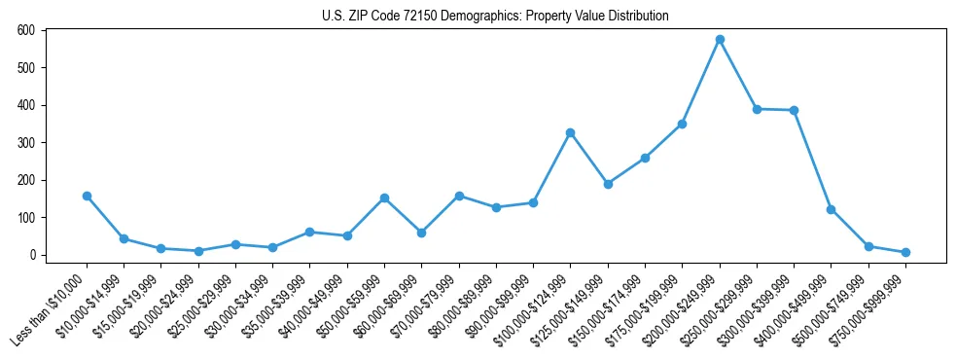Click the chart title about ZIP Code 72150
tap(495, 17)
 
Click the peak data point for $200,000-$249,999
tap(720, 40)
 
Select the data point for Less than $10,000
tap(87, 196)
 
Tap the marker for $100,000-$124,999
tap(571, 132)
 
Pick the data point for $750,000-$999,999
tap(905, 252)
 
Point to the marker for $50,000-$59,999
tap(384, 198)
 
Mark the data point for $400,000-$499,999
tap(831, 209)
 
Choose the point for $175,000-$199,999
tap(683, 124)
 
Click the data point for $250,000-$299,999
tap(757, 109)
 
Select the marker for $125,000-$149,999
tap(608, 184)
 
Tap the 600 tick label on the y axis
tap(26, 30)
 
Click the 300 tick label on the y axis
tap(26, 143)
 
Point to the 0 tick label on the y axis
tap(31, 255)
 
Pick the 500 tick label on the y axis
tap(26, 68)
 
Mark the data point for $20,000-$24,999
tap(198, 251)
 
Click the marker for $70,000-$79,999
tap(459, 196)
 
